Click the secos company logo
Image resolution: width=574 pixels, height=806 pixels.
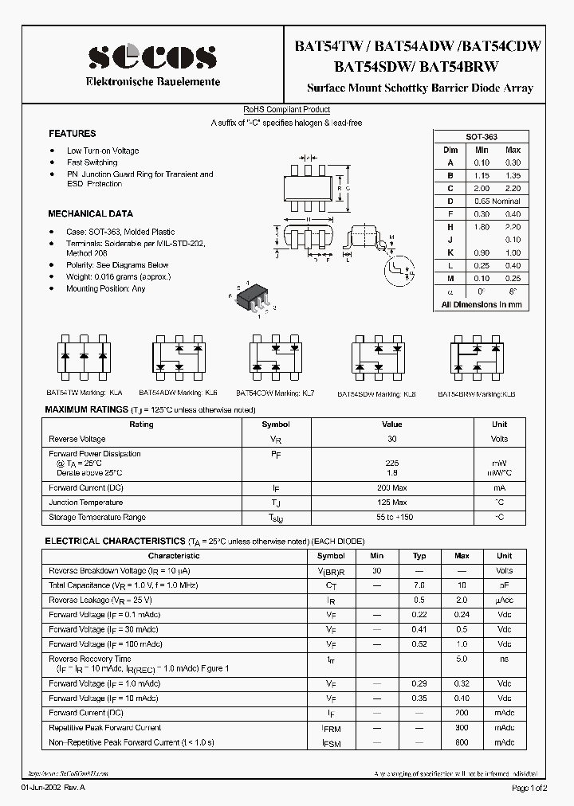(x=151, y=57)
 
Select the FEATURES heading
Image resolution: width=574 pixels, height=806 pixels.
(x=72, y=134)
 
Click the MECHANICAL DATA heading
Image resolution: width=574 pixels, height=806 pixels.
(x=90, y=213)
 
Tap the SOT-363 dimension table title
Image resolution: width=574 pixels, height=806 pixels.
(x=481, y=137)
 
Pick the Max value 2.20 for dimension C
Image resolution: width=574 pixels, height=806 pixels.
(x=513, y=188)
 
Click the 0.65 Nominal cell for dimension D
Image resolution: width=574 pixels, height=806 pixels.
(x=497, y=201)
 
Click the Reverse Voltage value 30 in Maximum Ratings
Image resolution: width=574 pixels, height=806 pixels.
(x=391, y=439)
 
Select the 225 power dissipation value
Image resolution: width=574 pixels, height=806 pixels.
(x=391, y=463)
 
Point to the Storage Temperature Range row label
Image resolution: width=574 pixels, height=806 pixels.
(x=97, y=518)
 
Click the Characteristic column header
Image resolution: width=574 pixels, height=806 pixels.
(x=174, y=556)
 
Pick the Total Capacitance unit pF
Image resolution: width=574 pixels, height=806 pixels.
(x=504, y=585)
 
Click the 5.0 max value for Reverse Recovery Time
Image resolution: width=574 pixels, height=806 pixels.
(x=462, y=659)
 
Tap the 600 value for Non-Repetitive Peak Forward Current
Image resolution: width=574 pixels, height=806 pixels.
(x=462, y=742)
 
